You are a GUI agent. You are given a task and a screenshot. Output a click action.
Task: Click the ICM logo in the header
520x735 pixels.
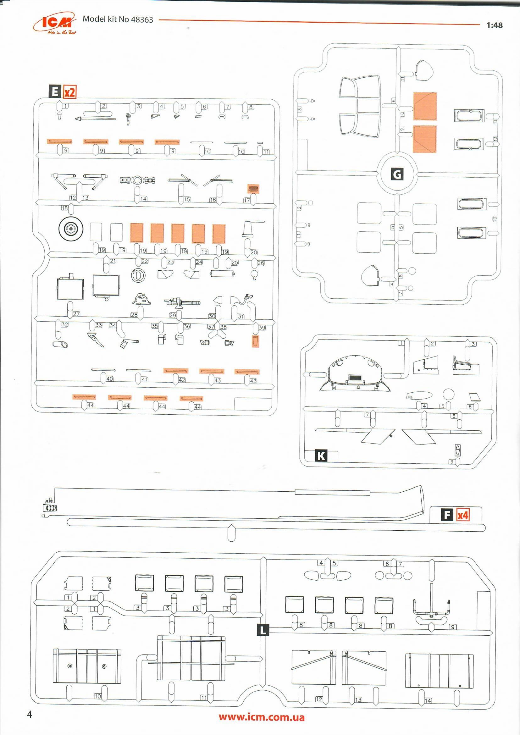click(x=58, y=23)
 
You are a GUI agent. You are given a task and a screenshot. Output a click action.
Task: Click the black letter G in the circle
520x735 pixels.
click(x=397, y=174)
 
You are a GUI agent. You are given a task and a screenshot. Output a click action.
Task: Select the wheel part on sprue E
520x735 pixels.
click(x=71, y=229)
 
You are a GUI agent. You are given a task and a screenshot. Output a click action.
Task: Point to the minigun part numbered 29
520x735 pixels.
click(x=182, y=302)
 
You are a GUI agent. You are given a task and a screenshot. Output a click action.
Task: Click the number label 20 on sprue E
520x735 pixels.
click(x=254, y=252)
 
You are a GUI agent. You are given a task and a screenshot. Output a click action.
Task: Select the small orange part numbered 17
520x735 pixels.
click(x=253, y=189)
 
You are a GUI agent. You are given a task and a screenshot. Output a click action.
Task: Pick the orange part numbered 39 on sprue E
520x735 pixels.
click(x=255, y=341)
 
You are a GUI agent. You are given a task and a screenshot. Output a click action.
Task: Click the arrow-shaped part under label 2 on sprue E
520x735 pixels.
click(x=96, y=119)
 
